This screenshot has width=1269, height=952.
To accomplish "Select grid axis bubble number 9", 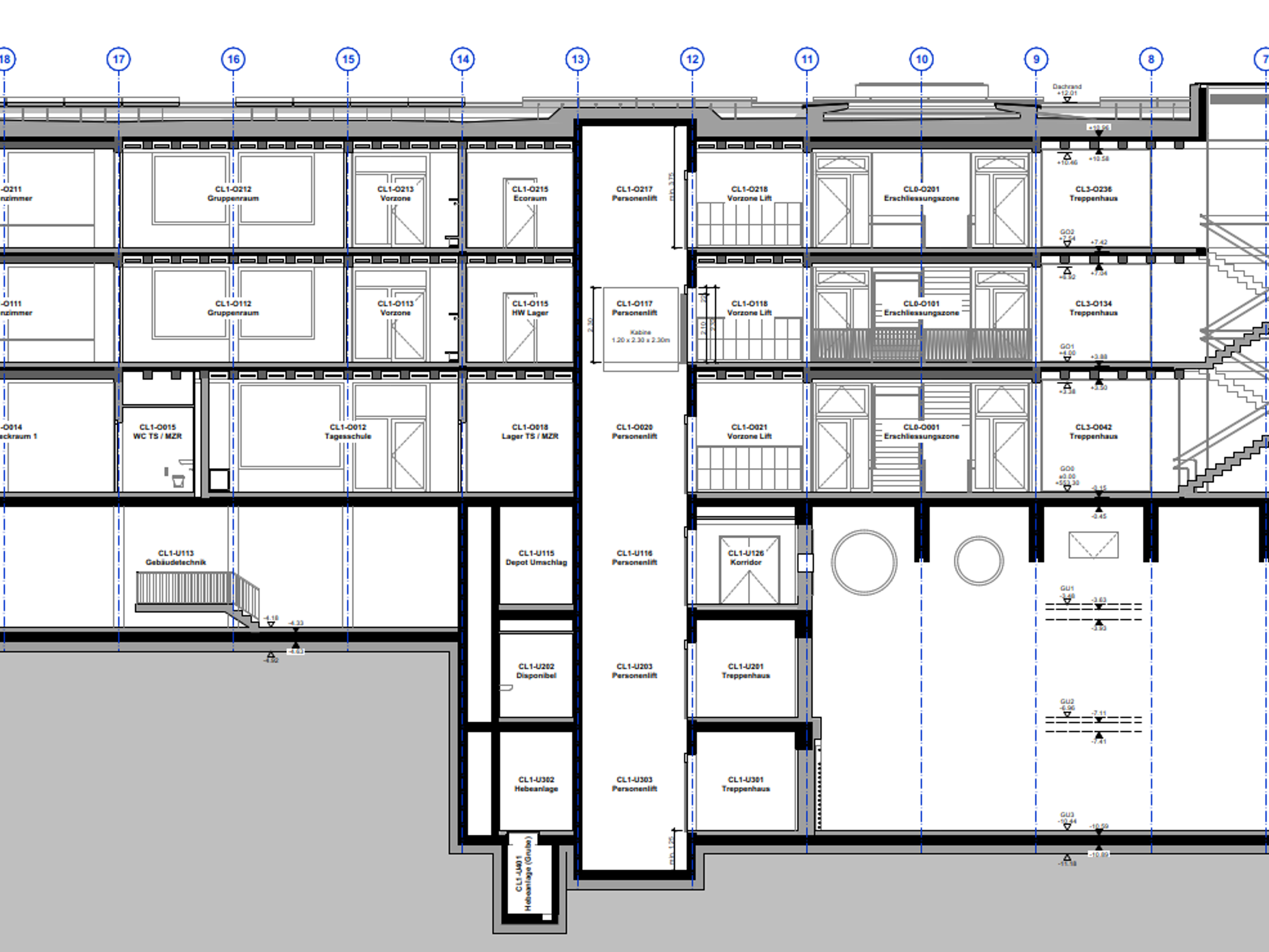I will point(1036,59).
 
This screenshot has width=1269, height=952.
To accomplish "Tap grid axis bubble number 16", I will point(233,59).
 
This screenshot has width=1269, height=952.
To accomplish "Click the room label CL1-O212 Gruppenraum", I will point(233,193).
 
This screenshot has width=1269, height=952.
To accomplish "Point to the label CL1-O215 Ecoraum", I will point(529,193).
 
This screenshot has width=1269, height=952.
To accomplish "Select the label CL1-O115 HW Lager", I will point(529,308).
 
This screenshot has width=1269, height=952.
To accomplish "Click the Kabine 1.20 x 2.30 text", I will point(640,336).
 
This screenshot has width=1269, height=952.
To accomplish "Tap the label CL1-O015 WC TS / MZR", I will point(157,431).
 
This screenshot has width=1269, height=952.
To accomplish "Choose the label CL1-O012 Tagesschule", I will point(348,431).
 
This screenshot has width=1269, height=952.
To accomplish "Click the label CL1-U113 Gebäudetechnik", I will point(175,558).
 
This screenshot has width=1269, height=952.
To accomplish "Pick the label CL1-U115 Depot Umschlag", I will point(536,558).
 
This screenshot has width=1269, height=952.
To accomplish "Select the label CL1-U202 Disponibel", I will point(536,671).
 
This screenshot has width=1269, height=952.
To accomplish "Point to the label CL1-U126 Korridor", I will point(746,558).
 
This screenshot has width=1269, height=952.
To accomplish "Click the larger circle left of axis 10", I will point(864,562).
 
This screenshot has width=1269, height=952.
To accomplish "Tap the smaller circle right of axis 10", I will point(979,561).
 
